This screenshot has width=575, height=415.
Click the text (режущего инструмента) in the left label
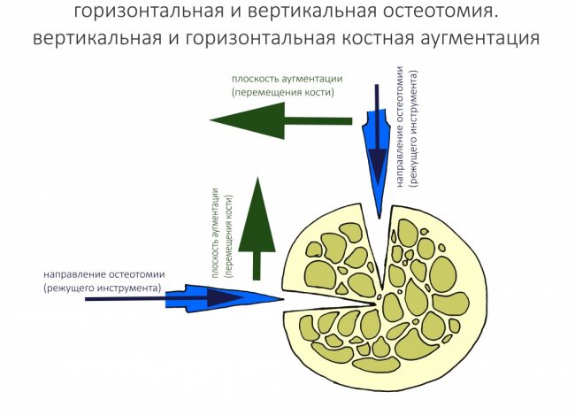(101, 288)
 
